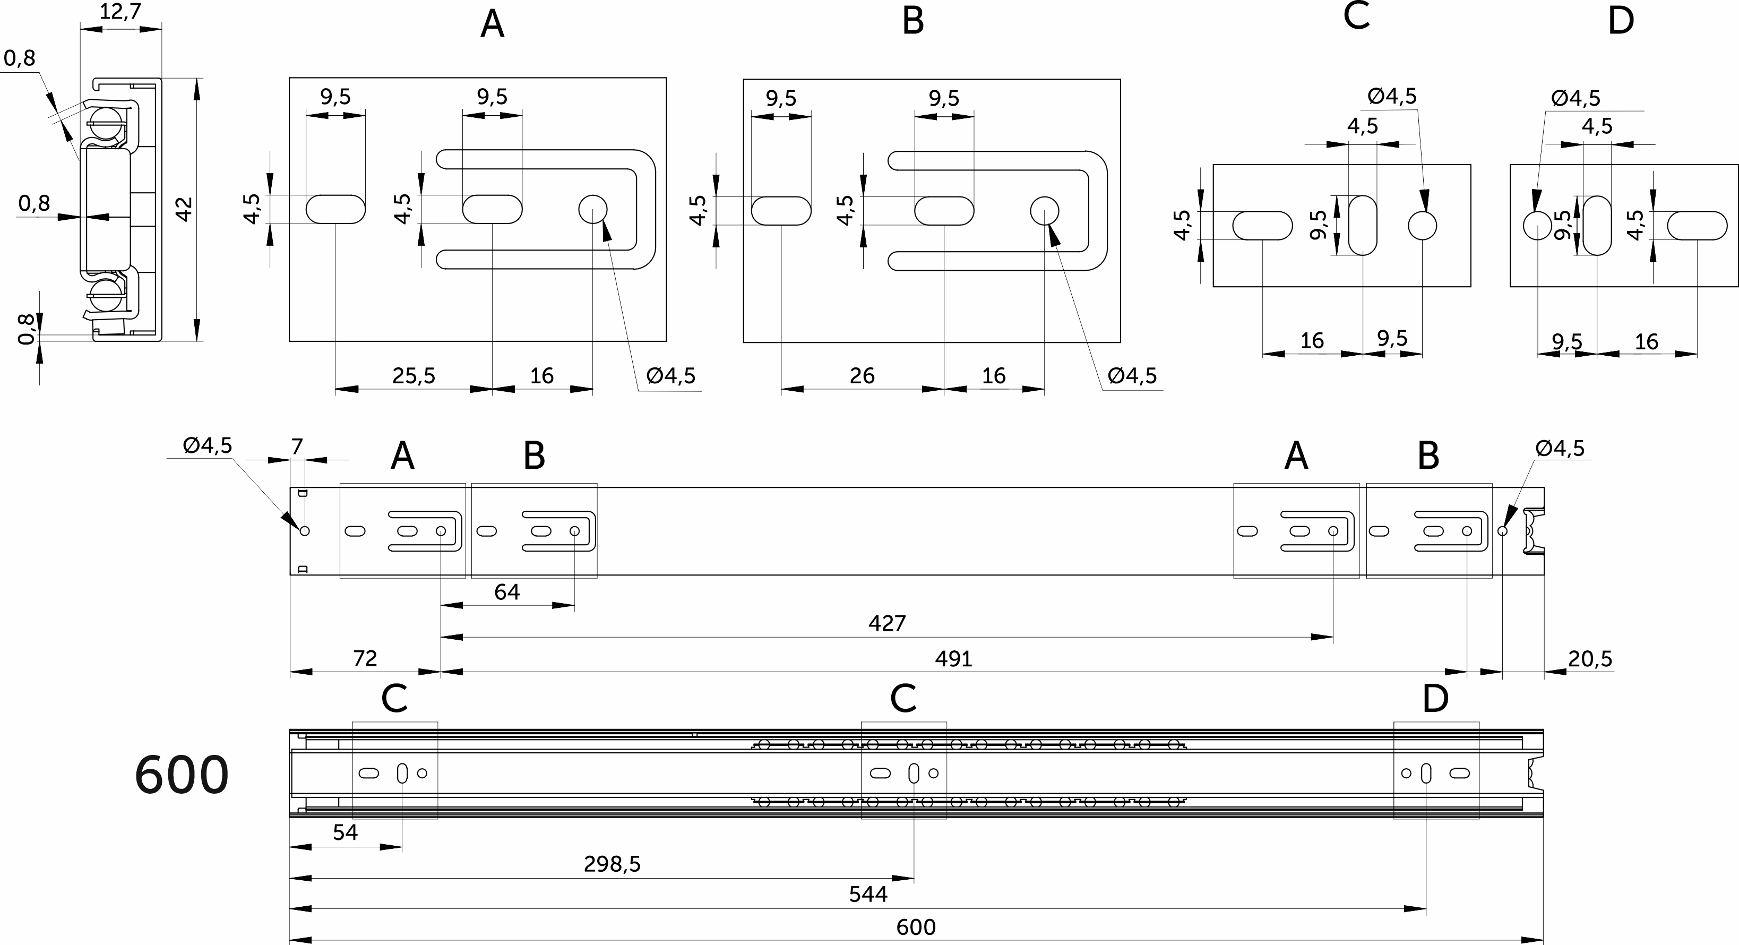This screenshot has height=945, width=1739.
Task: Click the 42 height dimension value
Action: click(x=184, y=209)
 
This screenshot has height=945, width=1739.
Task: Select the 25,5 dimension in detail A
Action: click(x=414, y=375)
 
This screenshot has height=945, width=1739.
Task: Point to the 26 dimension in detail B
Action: click(x=862, y=375)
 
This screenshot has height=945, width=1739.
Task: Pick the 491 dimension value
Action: click(x=953, y=658)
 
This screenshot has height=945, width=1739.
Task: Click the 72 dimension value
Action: click(x=365, y=658)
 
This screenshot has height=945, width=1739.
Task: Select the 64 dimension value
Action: click(x=507, y=592)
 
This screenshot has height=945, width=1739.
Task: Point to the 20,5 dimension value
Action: click(x=1590, y=658)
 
